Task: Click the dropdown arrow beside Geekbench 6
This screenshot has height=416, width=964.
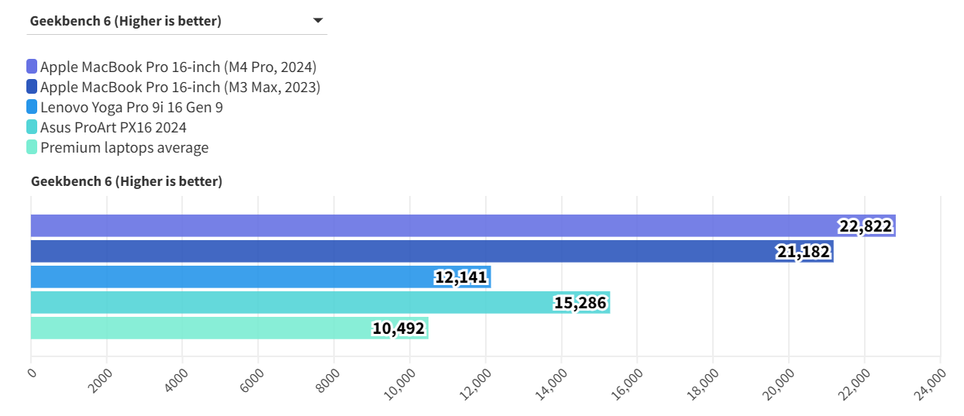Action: point(318,21)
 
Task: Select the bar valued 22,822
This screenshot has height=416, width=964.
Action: point(434,225)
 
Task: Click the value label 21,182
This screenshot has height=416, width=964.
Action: point(803,252)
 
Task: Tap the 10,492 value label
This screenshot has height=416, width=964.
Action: point(398,328)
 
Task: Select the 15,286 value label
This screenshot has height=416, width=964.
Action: point(580,303)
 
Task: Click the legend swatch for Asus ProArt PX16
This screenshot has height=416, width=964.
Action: point(32,127)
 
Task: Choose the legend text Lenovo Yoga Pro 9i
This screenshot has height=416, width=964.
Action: point(132,107)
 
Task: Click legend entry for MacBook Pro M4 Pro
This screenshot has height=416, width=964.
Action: point(178,67)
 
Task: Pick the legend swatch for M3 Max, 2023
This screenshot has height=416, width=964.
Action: point(32,87)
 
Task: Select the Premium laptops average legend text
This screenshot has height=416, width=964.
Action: point(124,147)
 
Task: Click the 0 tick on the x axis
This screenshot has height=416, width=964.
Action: point(31,373)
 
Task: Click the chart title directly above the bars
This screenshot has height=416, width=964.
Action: point(126,181)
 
